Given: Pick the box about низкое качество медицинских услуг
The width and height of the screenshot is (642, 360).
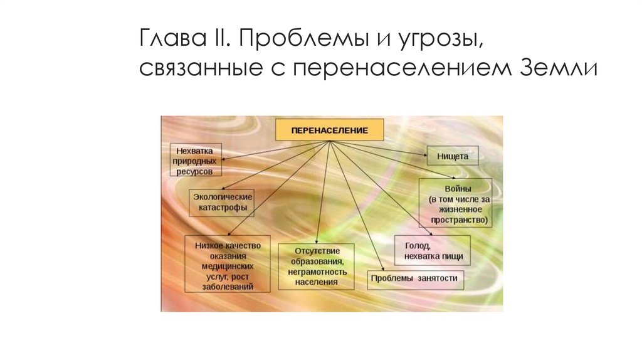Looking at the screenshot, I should (228, 263).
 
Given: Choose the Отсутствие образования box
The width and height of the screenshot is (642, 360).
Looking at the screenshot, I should (315, 266).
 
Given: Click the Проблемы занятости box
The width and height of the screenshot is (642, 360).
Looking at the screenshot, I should (414, 278).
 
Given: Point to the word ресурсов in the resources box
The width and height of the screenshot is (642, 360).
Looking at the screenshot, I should (194, 171).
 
